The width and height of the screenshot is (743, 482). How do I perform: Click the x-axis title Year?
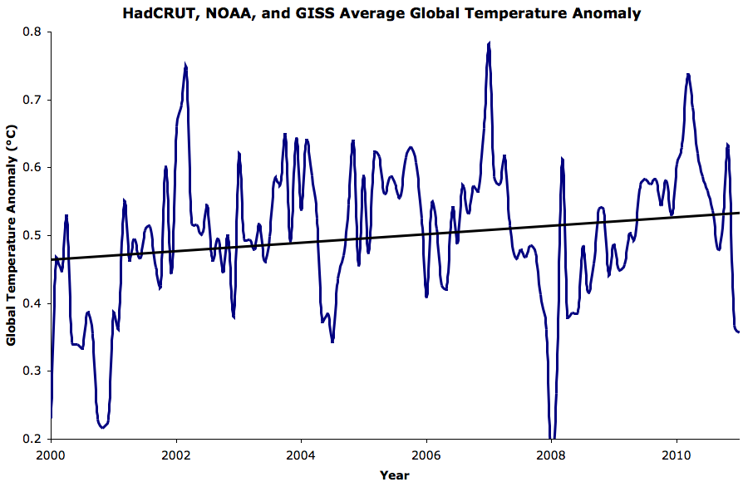tap(394, 475)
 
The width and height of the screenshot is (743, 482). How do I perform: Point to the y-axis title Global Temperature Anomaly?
tap(11, 235)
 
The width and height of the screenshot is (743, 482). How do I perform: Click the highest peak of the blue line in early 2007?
tap(490, 43)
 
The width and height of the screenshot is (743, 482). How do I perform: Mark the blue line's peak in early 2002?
tap(185, 65)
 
